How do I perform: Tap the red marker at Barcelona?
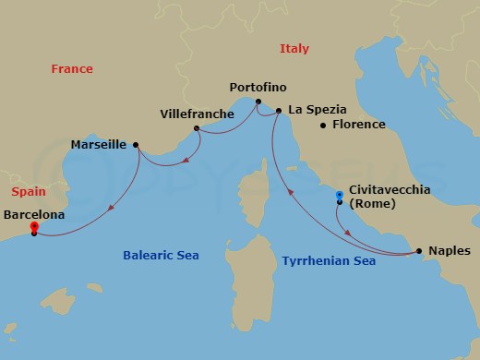[x=34, y=226]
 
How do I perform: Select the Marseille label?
[x=100, y=145]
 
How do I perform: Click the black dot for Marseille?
[x=137, y=145]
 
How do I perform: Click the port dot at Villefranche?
[x=197, y=128]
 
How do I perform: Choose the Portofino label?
[x=258, y=89]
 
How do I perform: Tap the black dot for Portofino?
[x=258, y=102]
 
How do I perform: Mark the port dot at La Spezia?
[x=278, y=111]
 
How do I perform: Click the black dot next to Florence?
[x=323, y=126]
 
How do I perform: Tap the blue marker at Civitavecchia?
[x=340, y=195]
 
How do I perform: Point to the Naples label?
[x=450, y=250]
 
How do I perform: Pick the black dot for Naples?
[x=419, y=250]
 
